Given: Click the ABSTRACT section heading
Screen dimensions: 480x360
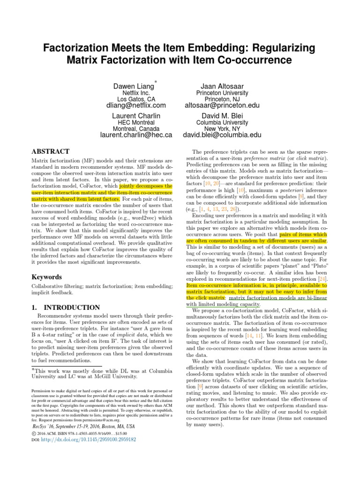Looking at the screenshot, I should (x=50, y=151).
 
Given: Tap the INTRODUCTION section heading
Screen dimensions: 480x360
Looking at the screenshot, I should (x=65, y=307).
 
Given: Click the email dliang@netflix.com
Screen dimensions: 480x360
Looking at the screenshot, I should (x=136, y=105).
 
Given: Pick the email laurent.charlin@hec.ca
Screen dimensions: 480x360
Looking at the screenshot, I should (x=136, y=135).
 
